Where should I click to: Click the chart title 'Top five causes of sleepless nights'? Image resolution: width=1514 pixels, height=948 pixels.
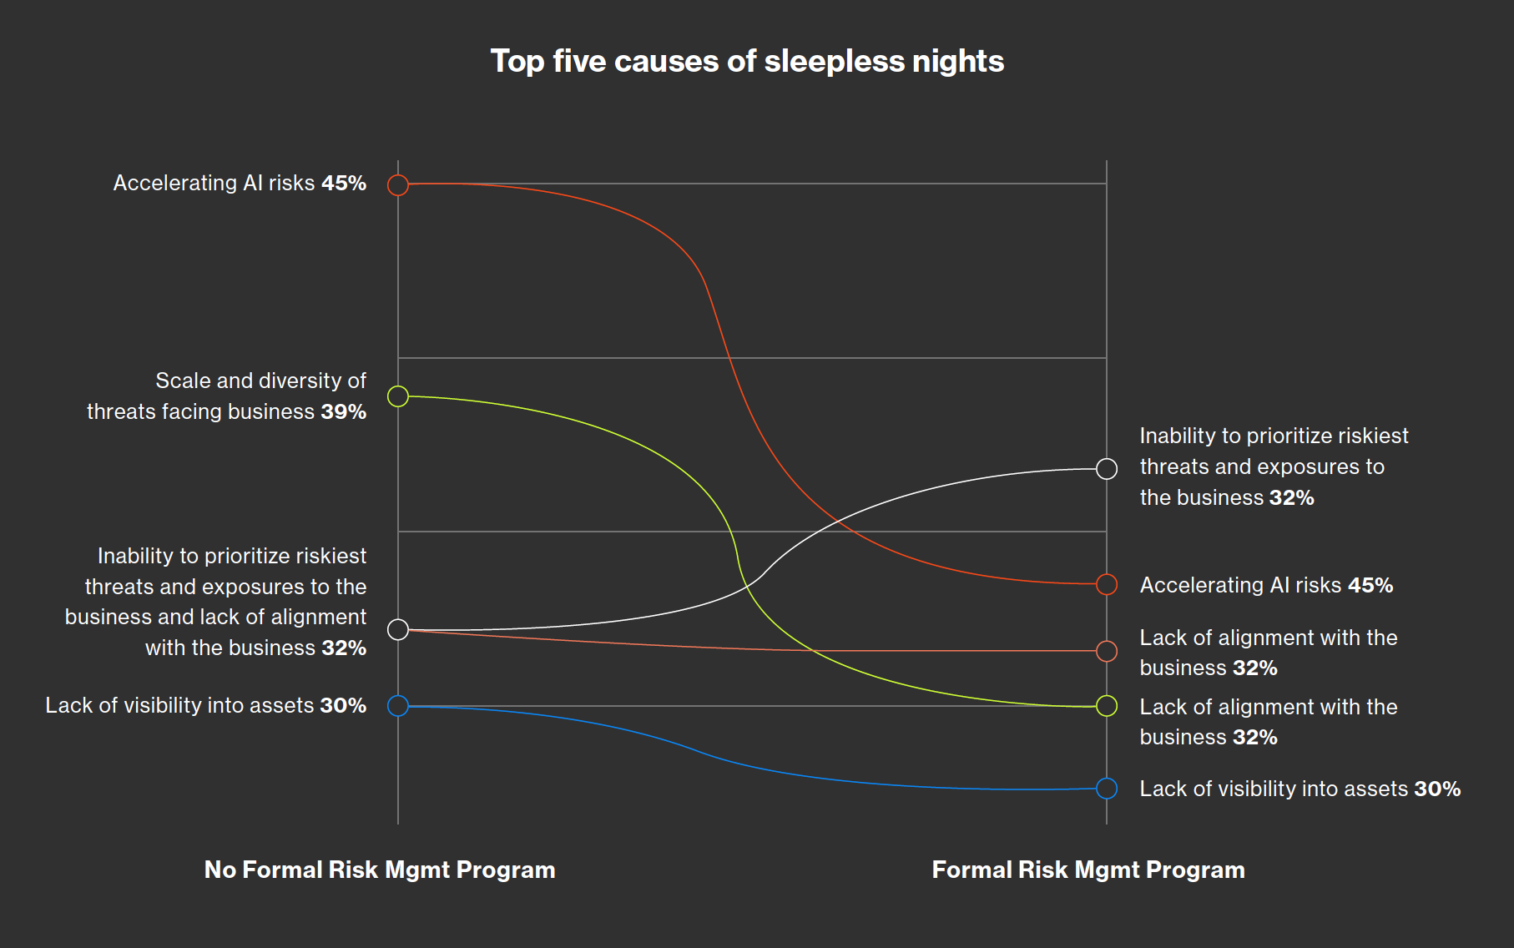click(747, 61)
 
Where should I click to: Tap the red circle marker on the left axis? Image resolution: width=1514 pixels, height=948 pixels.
click(398, 184)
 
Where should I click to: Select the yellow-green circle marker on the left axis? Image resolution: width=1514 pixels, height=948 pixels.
click(398, 396)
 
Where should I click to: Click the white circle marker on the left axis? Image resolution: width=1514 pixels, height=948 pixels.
click(398, 629)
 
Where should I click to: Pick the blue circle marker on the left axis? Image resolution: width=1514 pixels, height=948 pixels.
click(398, 705)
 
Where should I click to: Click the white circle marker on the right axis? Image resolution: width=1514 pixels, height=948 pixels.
click(1107, 469)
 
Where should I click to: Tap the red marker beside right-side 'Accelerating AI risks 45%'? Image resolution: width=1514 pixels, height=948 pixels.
click(1107, 584)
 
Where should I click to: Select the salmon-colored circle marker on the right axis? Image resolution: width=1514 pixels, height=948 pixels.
click(1107, 651)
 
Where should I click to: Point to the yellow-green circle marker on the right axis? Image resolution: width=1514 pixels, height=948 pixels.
click(1107, 706)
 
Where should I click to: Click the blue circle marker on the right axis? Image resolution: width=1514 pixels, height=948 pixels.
click(1107, 788)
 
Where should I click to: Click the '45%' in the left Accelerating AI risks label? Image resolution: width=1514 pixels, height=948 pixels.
click(344, 184)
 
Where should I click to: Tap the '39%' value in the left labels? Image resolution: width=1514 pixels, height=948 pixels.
click(344, 412)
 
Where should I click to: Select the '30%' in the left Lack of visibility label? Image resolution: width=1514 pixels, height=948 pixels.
click(343, 706)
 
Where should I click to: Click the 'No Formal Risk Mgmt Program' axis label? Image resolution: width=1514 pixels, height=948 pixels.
click(380, 870)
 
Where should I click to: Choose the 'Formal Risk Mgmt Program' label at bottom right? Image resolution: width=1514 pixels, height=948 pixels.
click(1088, 870)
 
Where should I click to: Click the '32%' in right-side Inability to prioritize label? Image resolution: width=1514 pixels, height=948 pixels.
click(1291, 498)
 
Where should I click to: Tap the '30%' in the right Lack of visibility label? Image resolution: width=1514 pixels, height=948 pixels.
click(1437, 789)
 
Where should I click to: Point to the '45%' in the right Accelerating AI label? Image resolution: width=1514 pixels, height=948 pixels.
click(1370, 586)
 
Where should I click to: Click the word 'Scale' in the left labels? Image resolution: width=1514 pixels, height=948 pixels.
click(182, 381)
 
